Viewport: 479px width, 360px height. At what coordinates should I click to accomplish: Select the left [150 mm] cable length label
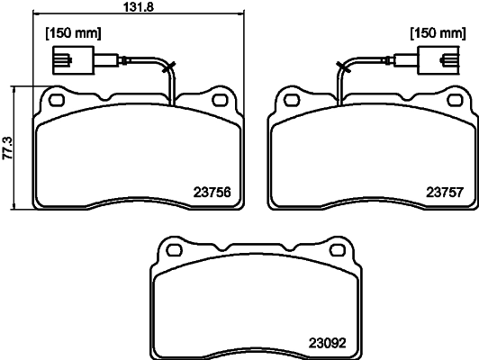[73, 33]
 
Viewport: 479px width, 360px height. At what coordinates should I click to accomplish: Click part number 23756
[213, 191]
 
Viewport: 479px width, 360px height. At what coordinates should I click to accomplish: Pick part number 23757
[444, 191]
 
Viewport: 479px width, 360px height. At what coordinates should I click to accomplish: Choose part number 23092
[328, 341]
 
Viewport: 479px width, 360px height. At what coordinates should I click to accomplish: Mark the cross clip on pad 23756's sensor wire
[167, 65]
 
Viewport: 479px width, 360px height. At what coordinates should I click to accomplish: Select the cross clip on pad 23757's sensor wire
[342, 65]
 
